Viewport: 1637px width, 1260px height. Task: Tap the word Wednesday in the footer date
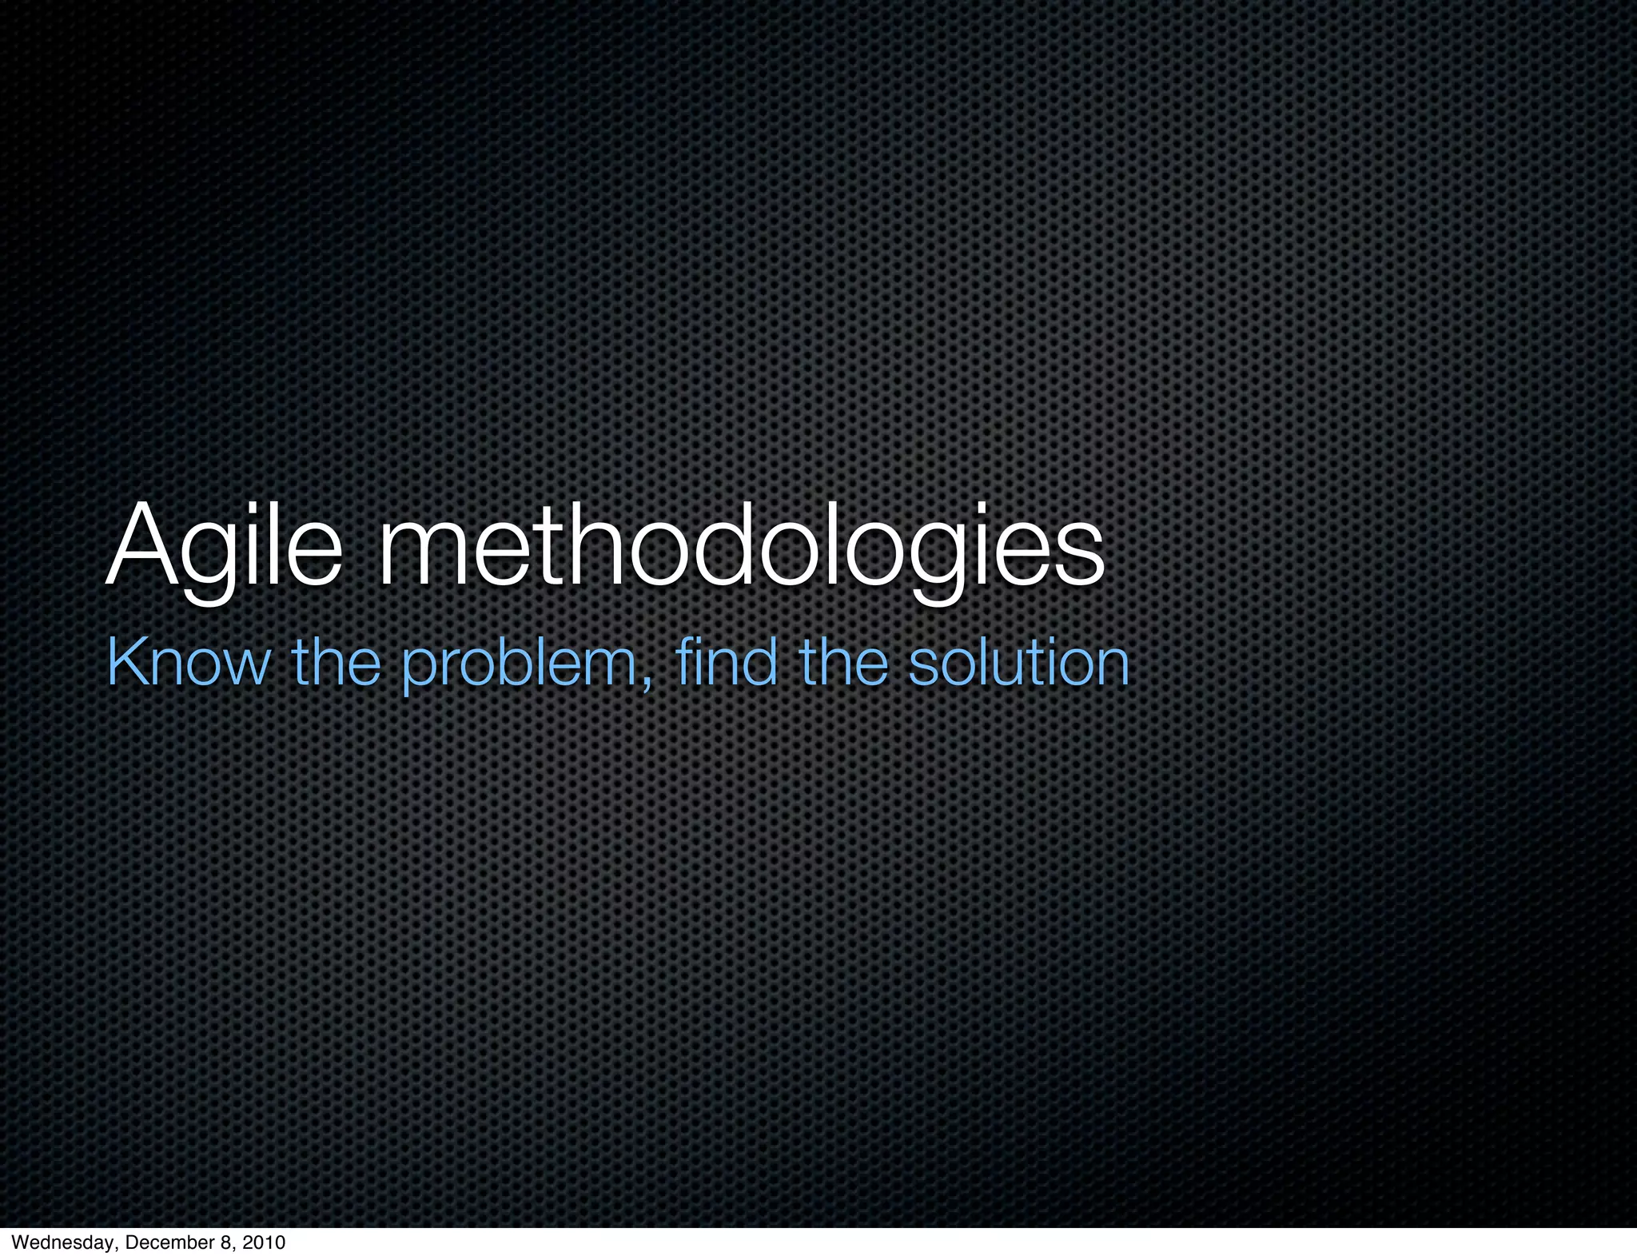coord(61,1242)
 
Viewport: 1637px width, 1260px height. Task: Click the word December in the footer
coord(161,1242)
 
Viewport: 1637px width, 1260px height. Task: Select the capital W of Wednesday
coord(19,1242)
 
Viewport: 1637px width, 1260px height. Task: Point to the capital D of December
coord(130,1242)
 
